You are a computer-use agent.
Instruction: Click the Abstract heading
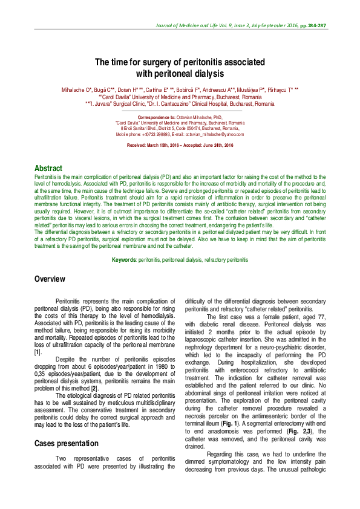tap(48, 168)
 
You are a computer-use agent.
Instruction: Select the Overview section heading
tap(50, 279)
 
